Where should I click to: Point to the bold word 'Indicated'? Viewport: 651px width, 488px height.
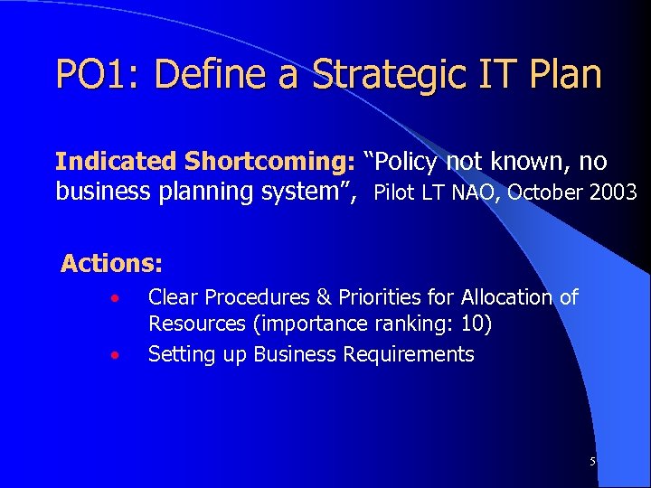[x=116, y=162]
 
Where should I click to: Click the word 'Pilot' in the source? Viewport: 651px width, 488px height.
[x=394, y=192]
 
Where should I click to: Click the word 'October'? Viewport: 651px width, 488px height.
[x=540, y=192]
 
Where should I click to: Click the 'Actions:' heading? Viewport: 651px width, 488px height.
[x=112, y=264]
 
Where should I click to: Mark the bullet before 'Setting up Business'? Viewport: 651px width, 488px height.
[x=114, y=355]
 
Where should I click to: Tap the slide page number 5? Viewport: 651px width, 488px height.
[x=592, y=462]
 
